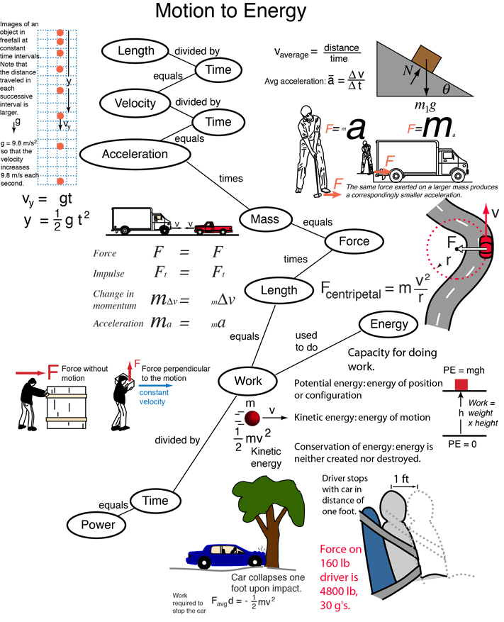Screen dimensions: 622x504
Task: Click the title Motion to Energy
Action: [230, 12]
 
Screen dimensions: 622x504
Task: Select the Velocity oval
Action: [135, 104]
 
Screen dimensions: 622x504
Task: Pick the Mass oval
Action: [264, 220]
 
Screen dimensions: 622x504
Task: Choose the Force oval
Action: [354, 242]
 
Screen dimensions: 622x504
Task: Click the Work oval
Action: [248, 382]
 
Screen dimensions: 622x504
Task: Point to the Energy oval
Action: [389, 325]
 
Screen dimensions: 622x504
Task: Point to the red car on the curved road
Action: [486, 247]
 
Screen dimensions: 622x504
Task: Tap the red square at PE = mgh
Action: [461, 384]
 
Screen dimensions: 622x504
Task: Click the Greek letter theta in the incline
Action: [446, 89]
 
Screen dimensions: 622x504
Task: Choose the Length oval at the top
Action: [135, 51]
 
